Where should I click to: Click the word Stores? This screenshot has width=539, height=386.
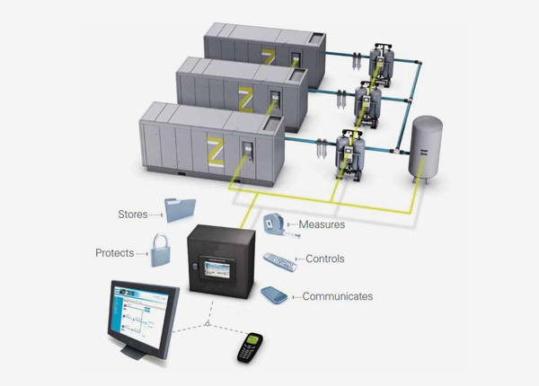coord(133,215)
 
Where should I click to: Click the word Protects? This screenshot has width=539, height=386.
coord(114,253)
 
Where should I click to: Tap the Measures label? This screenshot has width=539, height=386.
coord(322,224)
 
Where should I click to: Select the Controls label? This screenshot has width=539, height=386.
coord(325,259)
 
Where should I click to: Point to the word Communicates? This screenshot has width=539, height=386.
coord(338,296)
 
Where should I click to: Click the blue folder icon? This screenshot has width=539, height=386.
coord(181,210)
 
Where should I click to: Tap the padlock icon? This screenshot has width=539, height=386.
coord(160,250)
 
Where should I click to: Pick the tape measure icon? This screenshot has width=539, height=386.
coord(280,225)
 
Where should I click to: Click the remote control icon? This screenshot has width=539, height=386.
coord(279,262)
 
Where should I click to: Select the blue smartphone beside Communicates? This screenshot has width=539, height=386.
coord(274,295)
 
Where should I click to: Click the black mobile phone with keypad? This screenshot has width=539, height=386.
coord(250,347)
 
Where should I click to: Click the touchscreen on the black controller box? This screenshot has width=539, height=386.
coord(218,272)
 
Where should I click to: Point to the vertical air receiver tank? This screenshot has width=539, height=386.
coord(425,149)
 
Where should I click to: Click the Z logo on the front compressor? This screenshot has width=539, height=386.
coord(216,151)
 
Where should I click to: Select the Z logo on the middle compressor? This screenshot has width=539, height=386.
coord(246,100)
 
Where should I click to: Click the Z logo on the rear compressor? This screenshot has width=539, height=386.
coord(269,57)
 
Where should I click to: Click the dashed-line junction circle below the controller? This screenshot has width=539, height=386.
coord(208,323)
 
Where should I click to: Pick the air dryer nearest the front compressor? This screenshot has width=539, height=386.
coord(350,154)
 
